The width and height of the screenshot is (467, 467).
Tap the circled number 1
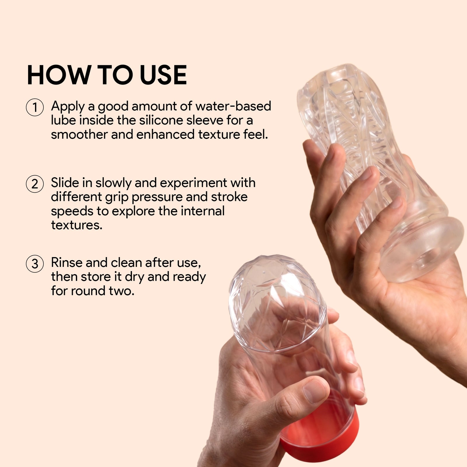point(35,107)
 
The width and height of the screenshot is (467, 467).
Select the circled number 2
point(35,184)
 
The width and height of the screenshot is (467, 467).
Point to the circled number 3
point(35,264)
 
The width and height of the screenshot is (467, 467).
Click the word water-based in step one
point(233,106)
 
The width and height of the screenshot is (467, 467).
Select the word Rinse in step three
point(67,263)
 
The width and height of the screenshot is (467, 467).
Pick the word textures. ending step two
point(77,225)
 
